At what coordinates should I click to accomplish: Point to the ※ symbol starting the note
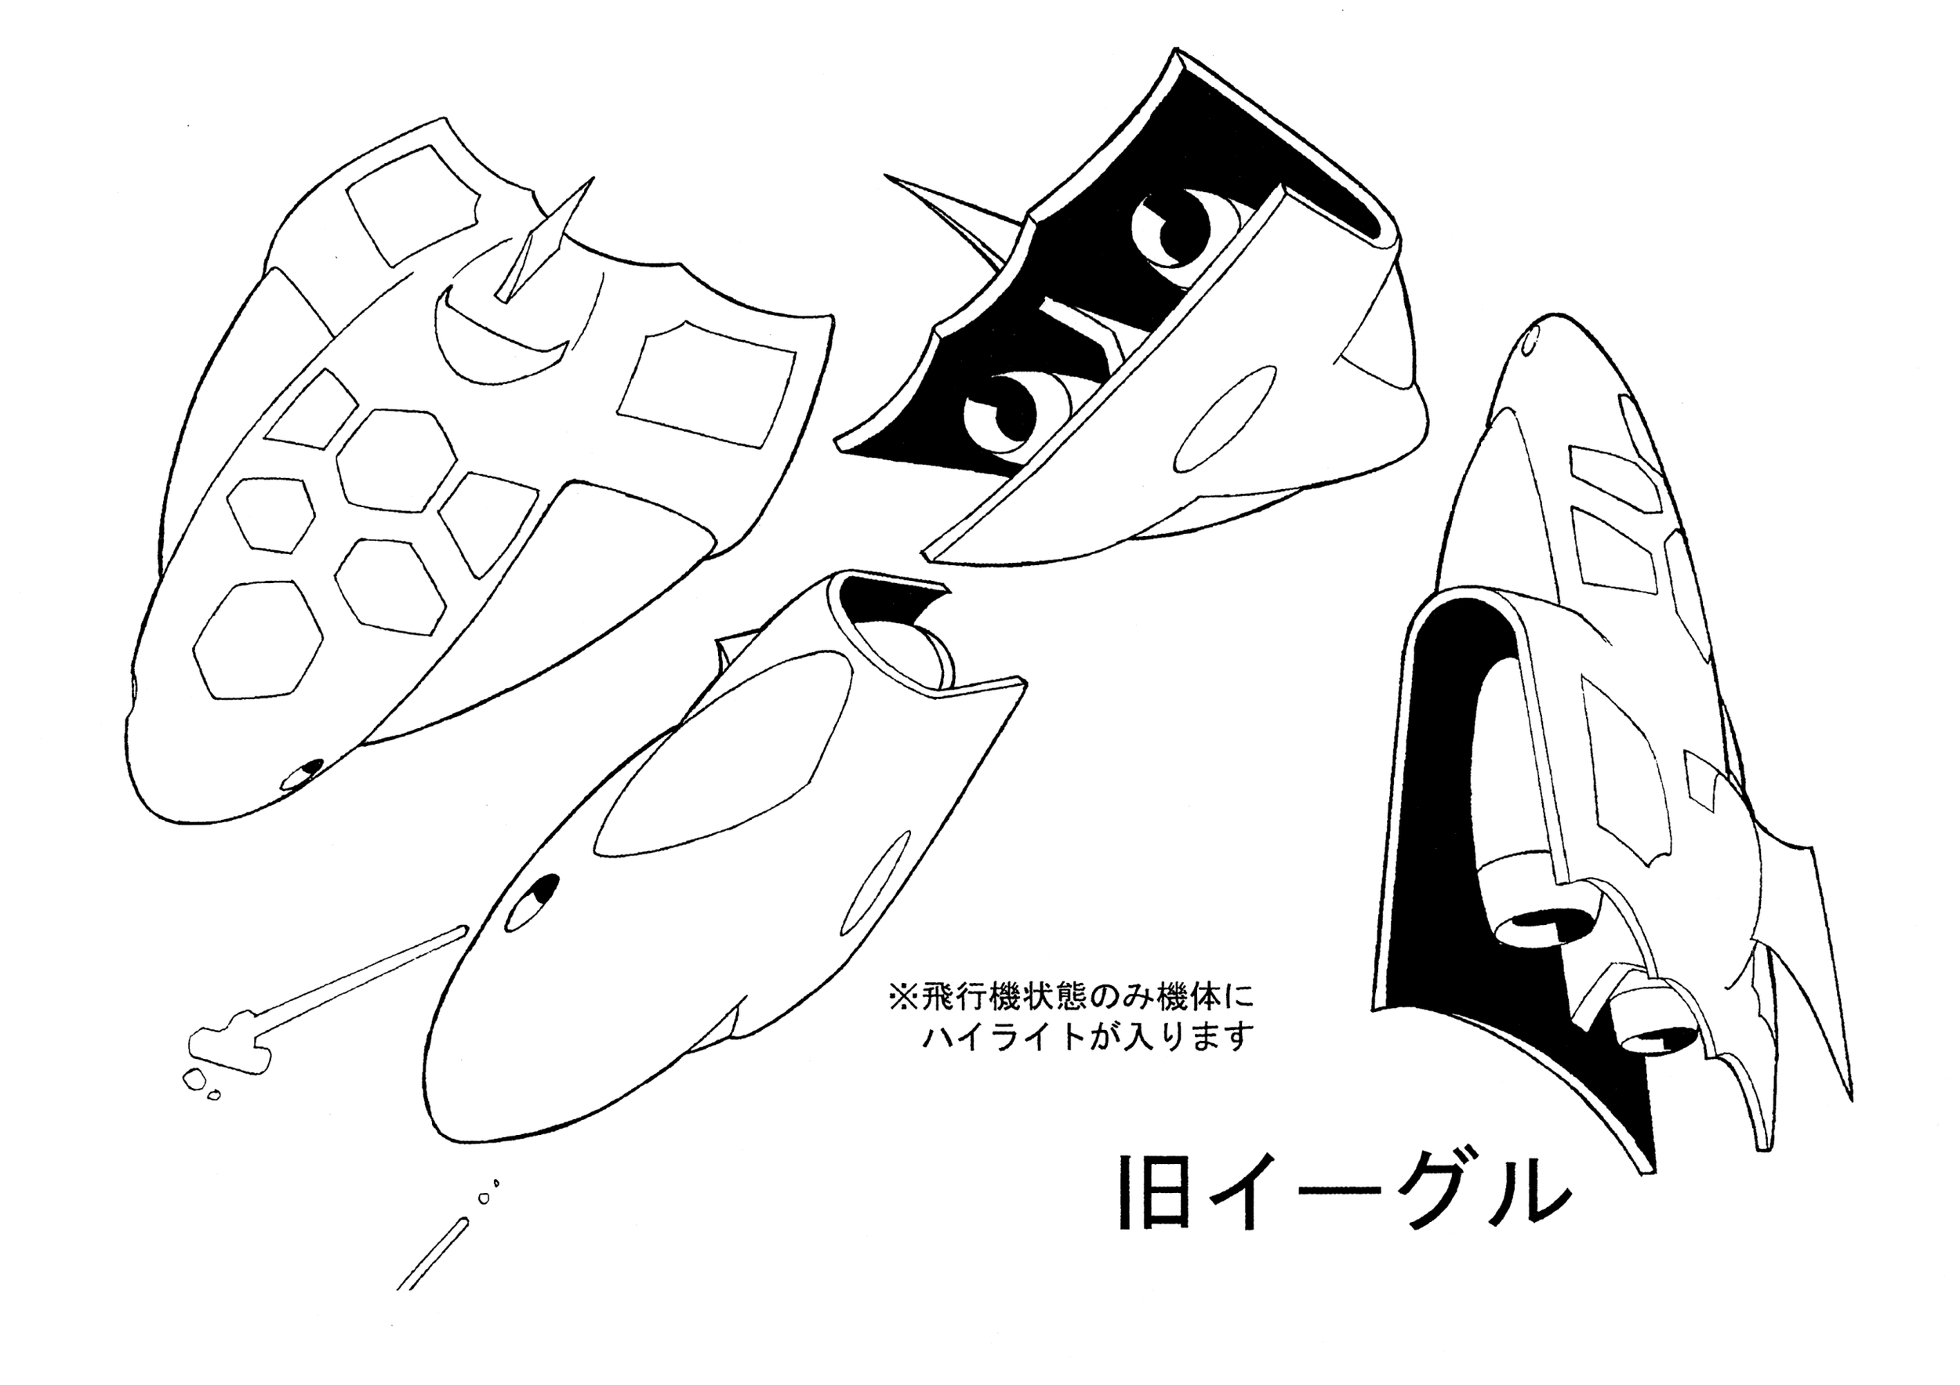902,996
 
